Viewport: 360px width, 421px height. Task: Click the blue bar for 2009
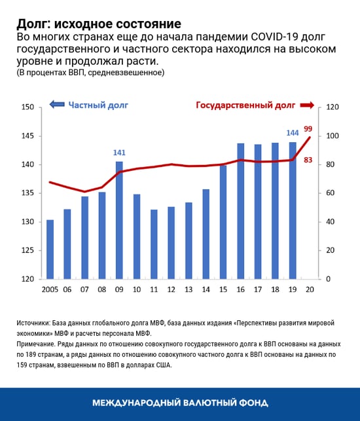point(119,220)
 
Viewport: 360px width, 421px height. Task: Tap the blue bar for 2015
point(223,222)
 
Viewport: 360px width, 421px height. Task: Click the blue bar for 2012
point(171,243)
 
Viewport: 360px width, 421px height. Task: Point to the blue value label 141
point(119,153)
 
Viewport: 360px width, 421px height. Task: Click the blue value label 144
point(292,132)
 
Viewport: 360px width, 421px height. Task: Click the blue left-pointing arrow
point(57,105)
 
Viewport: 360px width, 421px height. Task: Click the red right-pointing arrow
point(306,105)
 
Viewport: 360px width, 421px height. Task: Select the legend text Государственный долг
point(245,105)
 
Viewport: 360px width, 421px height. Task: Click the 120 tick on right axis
point(332,107)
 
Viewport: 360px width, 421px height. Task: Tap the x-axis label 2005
point(50,289)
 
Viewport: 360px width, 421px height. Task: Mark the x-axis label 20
point(310,289)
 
